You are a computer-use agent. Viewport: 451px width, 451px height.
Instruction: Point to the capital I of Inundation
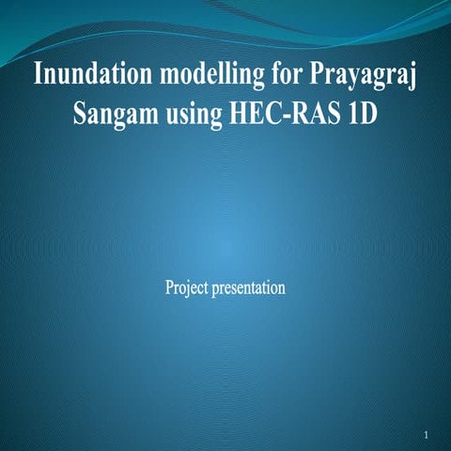click(38, 74)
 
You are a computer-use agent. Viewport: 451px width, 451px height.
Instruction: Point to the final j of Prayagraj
click(412, 77)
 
